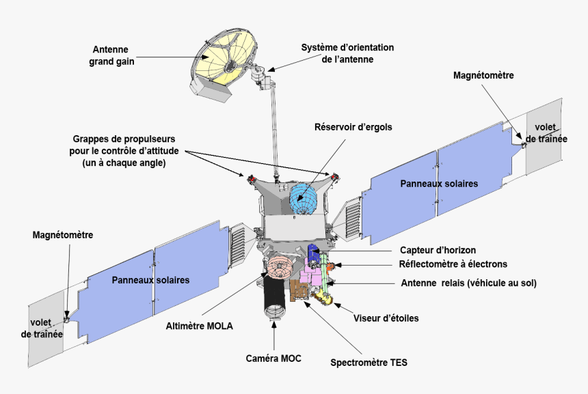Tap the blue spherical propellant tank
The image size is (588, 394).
tap(305, 198)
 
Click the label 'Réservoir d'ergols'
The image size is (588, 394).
tap(353, 127)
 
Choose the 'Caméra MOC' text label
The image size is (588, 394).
tap(273, 358)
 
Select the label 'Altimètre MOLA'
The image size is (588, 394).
tap(200, 326)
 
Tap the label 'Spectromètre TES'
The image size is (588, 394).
tap(369, 363)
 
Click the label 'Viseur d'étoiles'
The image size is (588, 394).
tap(386, 318)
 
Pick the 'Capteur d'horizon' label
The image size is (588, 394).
tap(438, 250)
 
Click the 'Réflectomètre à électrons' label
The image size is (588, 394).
tap(453, 264)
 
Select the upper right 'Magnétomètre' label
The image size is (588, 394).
tap(483, 75)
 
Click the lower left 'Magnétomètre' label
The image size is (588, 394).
tap(63, 235)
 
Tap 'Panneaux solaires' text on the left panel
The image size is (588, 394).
tap(150, 280)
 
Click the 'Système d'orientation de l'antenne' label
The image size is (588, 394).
tap(347, 53)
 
